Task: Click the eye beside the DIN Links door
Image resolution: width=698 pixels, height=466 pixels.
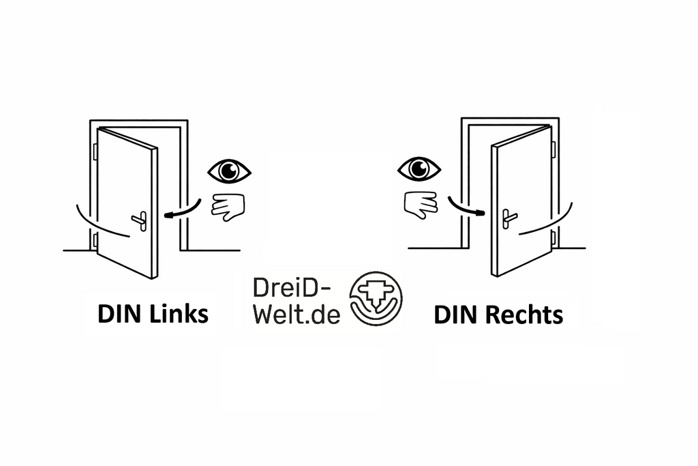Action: [x=229, y=171]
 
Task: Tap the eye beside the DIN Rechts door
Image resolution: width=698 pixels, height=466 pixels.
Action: [x=419, y=169]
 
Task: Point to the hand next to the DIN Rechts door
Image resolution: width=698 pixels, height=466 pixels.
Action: [x=421, y=205]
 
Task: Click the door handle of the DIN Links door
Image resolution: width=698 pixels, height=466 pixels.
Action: [x=140, y=220]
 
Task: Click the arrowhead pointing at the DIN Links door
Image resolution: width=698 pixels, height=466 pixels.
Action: [x=168, y=216]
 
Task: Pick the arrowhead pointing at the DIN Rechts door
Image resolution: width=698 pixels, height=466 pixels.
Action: [x=480, y=213]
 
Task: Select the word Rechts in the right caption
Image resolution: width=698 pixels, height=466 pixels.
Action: [x=524, y=315]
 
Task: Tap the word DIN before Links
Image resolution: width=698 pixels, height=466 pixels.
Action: [x=121, y=314]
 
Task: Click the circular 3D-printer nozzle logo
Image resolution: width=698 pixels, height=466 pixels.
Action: [x=376, y=298]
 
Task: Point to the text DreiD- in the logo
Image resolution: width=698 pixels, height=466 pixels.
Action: [x=292, y=288]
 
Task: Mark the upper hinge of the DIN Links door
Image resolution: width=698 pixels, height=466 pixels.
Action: [x=95, y=151]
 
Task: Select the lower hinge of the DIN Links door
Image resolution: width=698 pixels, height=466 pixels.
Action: [x=95, y=240]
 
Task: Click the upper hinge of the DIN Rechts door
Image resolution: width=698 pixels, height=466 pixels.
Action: [x=553, y=149]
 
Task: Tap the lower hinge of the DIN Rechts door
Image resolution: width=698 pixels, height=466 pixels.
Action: [x=553, y=238]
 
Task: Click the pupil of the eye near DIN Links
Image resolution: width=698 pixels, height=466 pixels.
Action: [x=229, y=171]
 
